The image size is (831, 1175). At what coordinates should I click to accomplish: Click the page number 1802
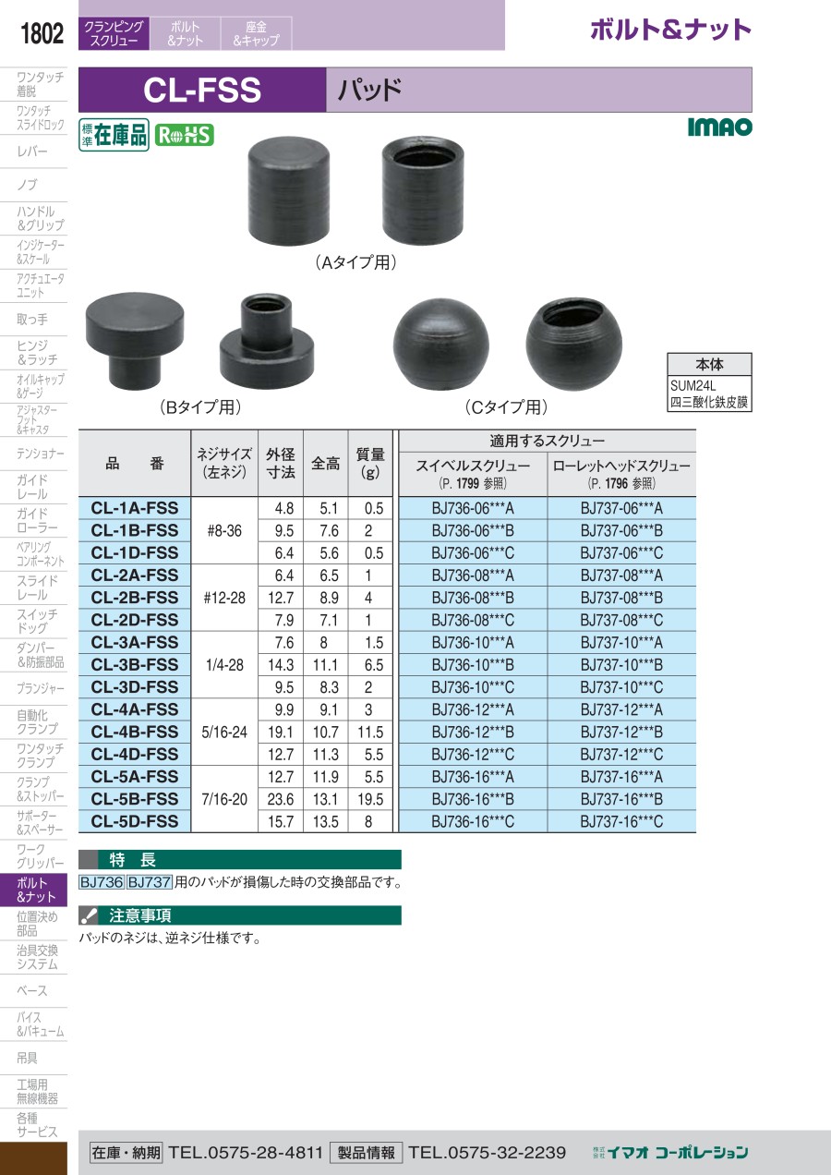click(42, 33)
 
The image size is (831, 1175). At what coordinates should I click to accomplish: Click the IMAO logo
click(720, 127)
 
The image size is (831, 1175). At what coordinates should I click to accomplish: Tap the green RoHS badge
click(184, 136)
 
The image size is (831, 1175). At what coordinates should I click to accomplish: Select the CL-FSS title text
click(202, 90)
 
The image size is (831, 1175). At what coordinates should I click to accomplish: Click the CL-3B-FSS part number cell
click(135, 664)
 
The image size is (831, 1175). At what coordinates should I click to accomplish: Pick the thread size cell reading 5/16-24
click(224, 732)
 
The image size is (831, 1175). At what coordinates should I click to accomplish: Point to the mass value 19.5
click(370, 799)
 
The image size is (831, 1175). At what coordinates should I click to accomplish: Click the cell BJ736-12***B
click(473, 732)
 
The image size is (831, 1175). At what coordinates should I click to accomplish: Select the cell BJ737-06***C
click(621, 553)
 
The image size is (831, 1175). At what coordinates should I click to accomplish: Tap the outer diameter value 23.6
click(281, 799)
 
